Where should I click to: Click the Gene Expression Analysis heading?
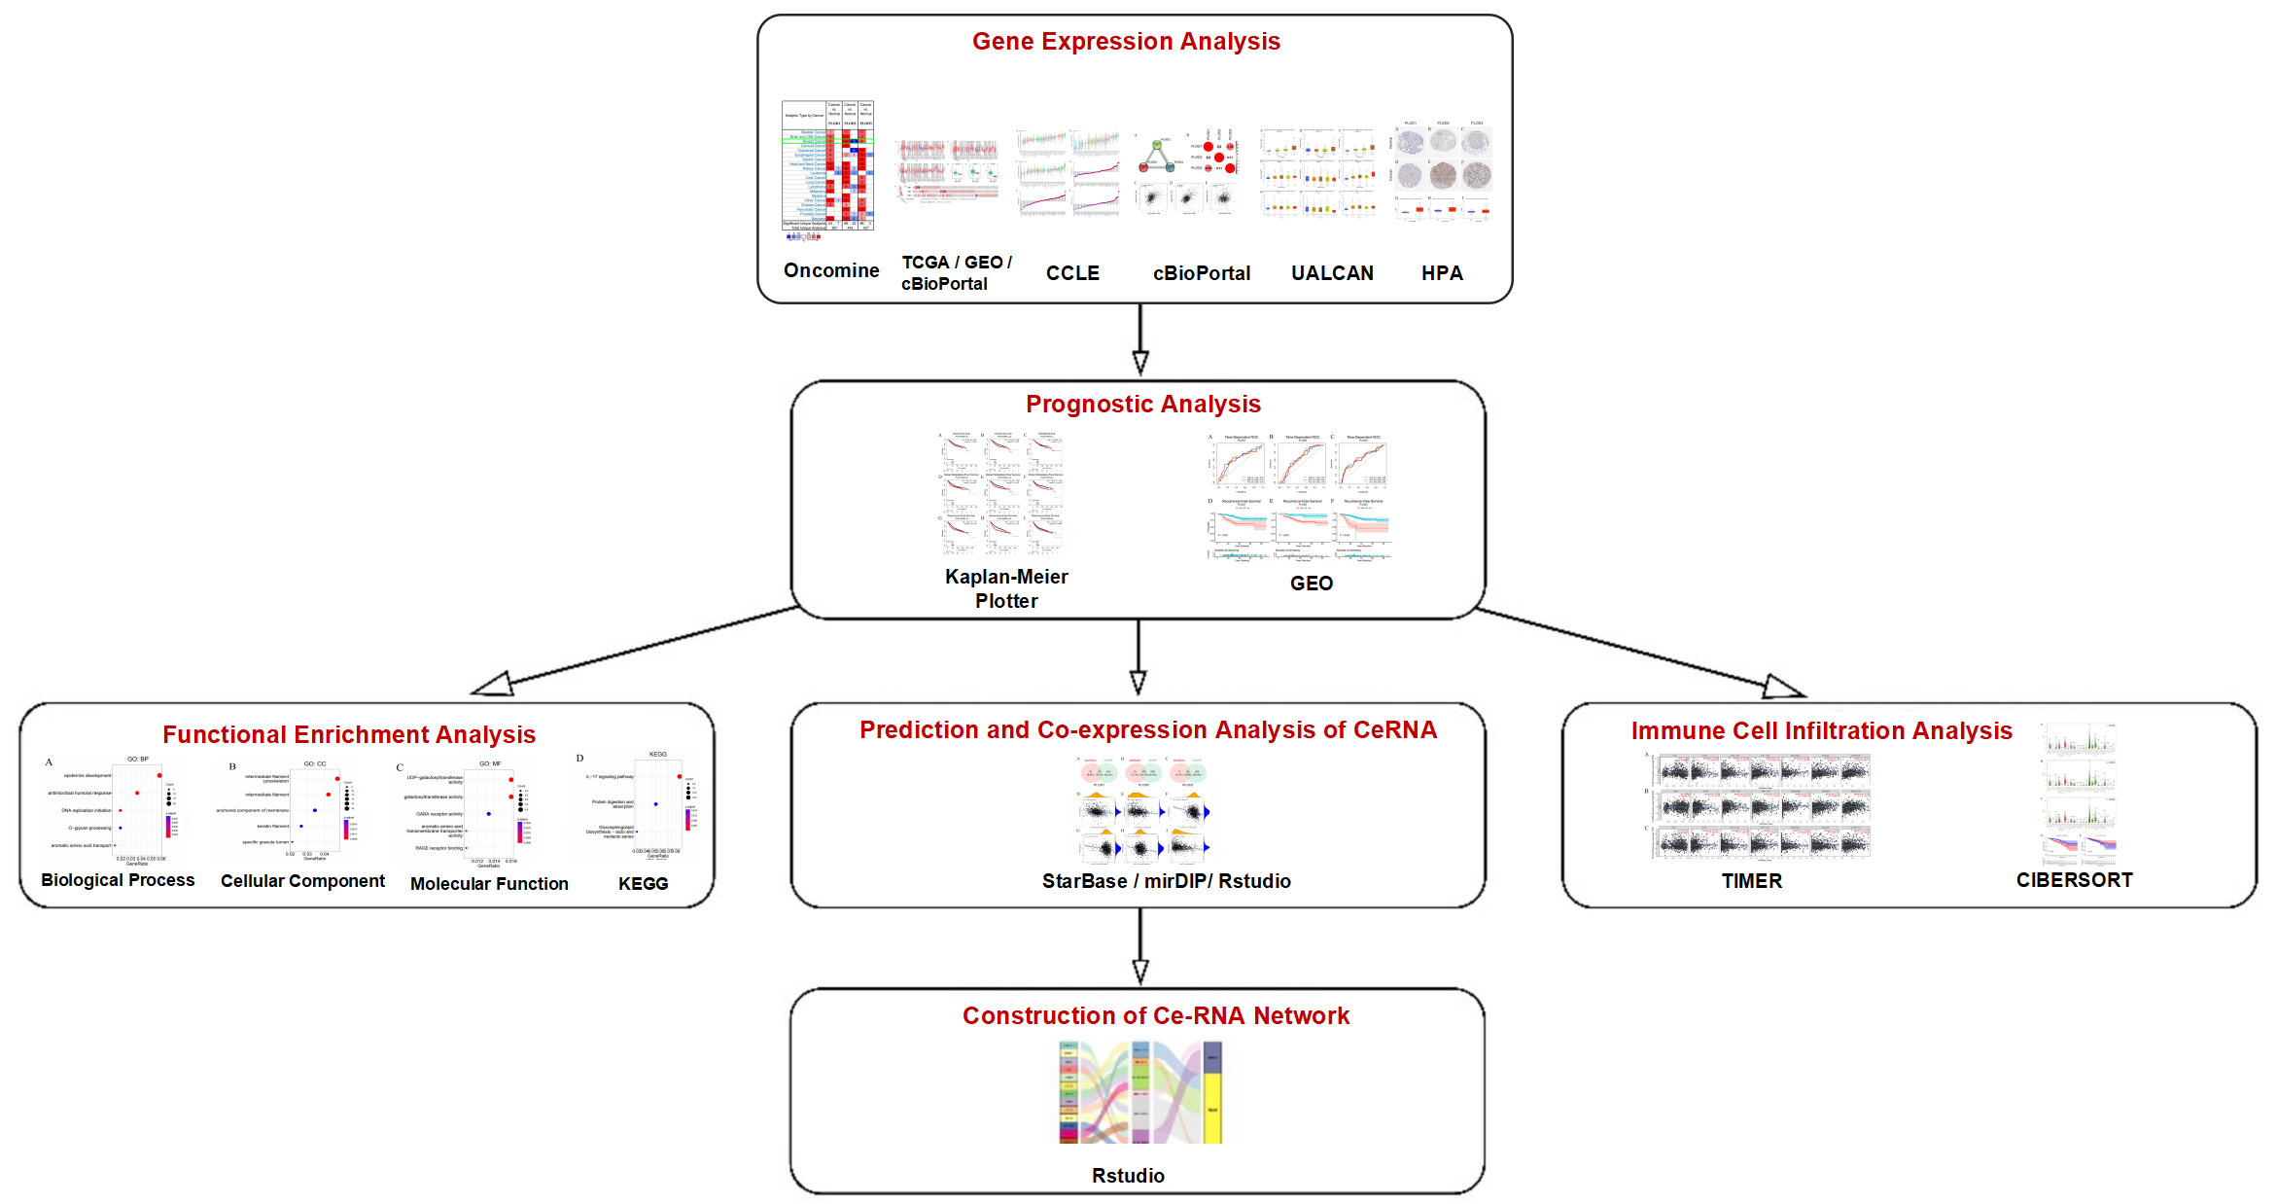pyautogui.click(x=1126, y=42)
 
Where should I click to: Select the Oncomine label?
pyautogui.click(x=831, y=270)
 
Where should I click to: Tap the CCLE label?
pyautogui.click(x=1072, y=273)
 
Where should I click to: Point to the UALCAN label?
pyautogui.click(x=1332, y=273)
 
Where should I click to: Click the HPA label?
pyautogui.click(x=1442, y=273)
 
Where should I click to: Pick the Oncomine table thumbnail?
pyautogui.click(x=828, y=167)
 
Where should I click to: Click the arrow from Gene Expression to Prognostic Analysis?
pyautogui.click(x=1140, y=340)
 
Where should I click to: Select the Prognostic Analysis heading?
pyautogui.click(x=1142, y=404)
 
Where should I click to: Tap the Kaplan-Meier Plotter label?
pyautogui.click(x=1006, y=588)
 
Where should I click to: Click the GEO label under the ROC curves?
pyautogui.click(x=1311, y=584)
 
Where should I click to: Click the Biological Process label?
pyautogui.click(x=118, y=880)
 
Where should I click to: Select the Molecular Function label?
pyautogui.click(x=489, y=884)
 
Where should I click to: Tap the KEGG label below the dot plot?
pyautogui.click(x=643, y=884)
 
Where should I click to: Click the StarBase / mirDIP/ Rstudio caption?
pyautogui.click(x=1166, y=881)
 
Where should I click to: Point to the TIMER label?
pyautogui.click(x=1751, y=881)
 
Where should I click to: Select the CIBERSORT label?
pyautogui.click(x=2074, y=880)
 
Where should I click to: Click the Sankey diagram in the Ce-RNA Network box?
pyautogui.click(x=1139, y=1092)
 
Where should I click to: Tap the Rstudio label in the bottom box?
pyautogui.click(x=1128, y=1176)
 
